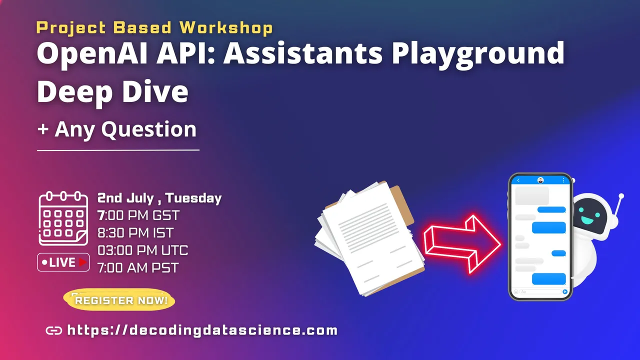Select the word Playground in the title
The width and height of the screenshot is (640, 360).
[478, 54]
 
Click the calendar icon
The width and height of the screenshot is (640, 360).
[63, 218]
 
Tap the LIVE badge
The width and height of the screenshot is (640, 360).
[63, 262]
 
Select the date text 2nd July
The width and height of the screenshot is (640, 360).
[125, 198]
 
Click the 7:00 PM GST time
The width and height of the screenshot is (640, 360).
[138, 215]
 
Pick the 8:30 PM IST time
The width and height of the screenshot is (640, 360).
[135, 233]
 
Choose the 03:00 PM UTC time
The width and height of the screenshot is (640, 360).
[143, 250]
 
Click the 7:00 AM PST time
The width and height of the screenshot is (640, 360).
[138, 268]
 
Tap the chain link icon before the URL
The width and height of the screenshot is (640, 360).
[53, 330]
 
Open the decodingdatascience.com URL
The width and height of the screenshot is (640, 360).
[202, 330]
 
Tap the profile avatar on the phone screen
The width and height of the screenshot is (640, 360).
[540, 180]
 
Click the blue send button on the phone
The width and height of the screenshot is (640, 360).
[565, 291]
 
